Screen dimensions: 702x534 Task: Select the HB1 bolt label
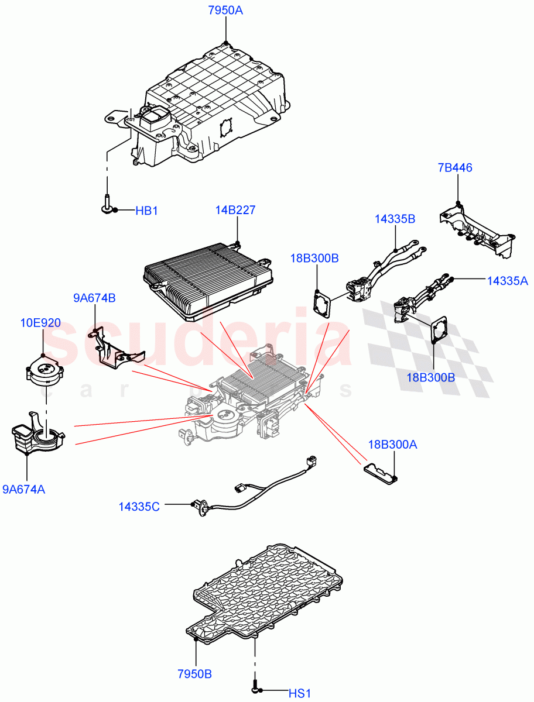(x=147, y=211)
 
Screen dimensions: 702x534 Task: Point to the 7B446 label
(x=455, y=168)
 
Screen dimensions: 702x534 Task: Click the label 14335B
(x=395, y=219)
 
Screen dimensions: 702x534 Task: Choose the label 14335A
(x=508, y=281)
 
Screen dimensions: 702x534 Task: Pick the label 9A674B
(x=94, y=298)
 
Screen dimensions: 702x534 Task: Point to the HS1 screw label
(x=299, y=694)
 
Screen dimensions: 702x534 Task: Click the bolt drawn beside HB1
(x=107, y=204)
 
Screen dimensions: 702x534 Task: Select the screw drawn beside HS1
(x=255, y=687)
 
